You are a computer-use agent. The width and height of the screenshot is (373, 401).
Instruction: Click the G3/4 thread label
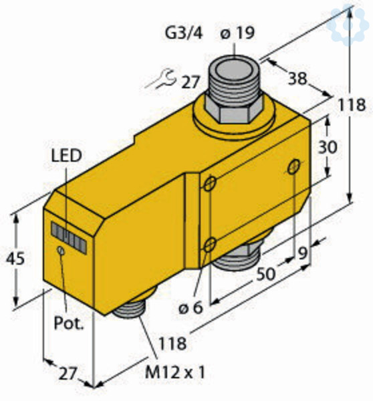coord(184,33)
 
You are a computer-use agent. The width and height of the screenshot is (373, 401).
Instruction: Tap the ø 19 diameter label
coord(237,33)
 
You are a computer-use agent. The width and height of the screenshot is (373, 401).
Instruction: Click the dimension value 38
coord(297,78)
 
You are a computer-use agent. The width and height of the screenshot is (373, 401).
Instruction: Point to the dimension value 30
coord(328,147)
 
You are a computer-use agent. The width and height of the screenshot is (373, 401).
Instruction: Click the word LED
coord(67,156)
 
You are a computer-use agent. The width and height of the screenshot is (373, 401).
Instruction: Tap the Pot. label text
coord(68,323)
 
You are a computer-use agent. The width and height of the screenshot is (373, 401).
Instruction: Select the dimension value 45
coord(15,258)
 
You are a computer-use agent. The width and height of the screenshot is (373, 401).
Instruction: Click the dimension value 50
coord(266,274)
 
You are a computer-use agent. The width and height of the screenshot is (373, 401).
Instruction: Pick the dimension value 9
coord(303,254)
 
